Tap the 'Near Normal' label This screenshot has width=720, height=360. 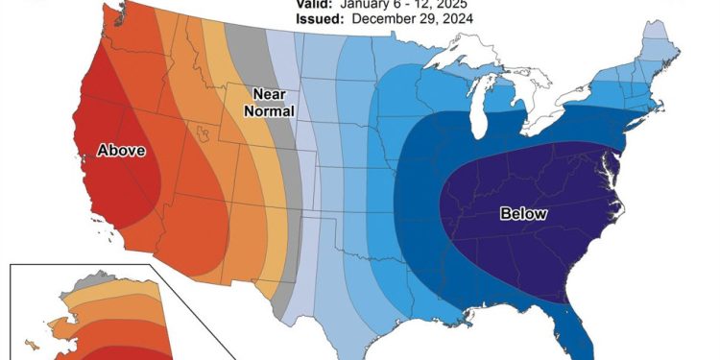[270, 102]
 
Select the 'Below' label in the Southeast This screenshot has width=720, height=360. [523, 214]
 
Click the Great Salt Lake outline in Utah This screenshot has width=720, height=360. [203, 131]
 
